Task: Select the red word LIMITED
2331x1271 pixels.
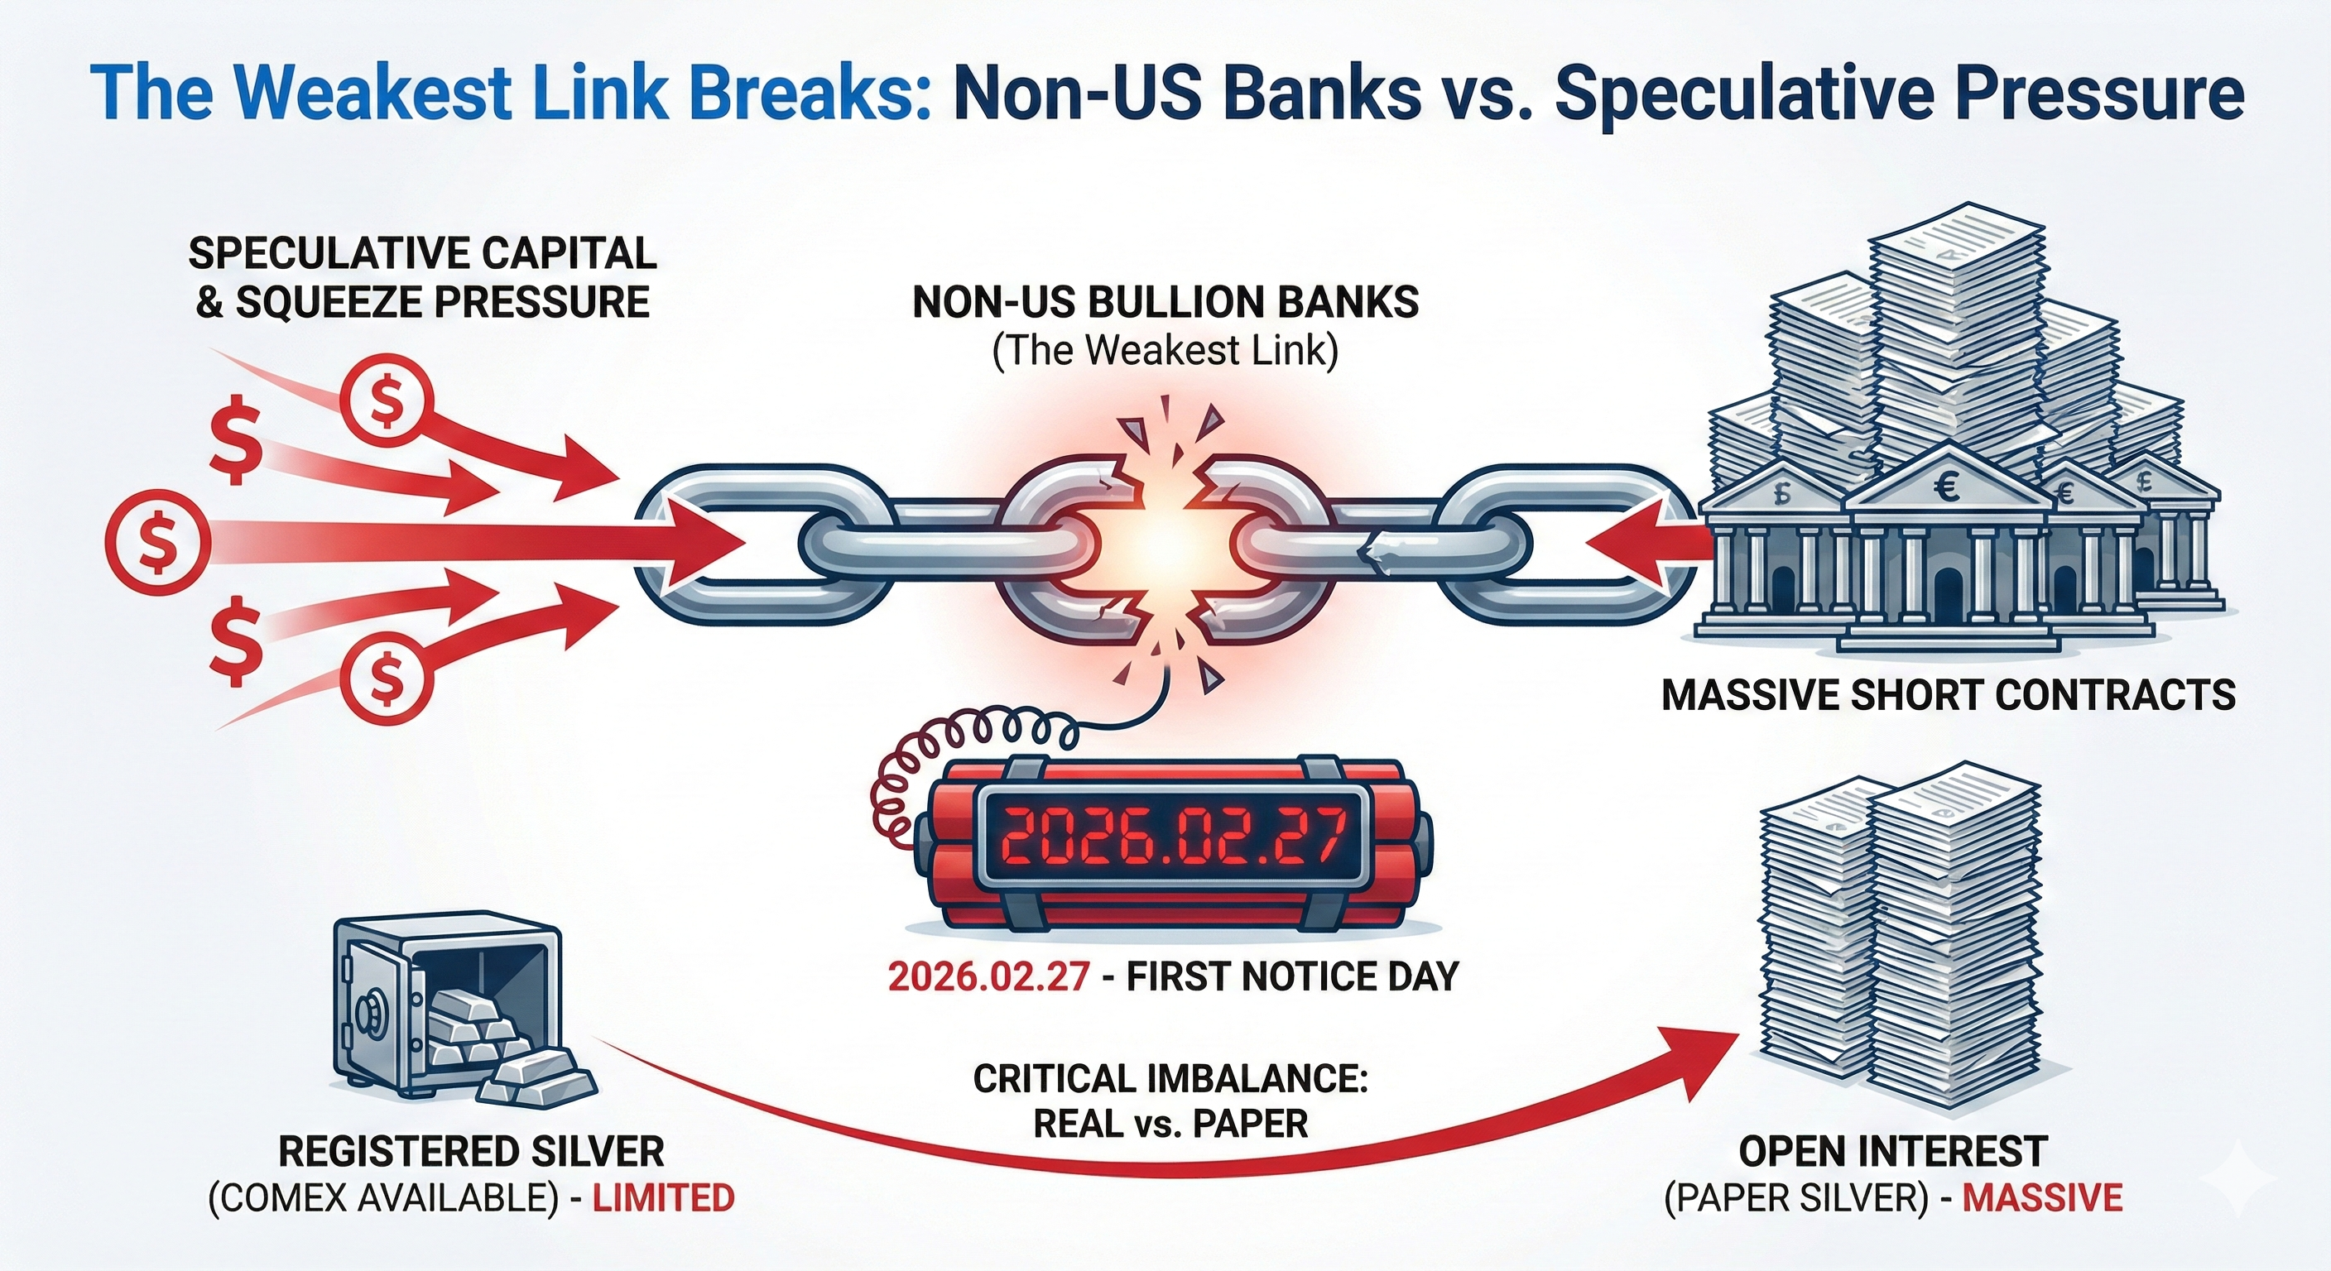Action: point(662,1197)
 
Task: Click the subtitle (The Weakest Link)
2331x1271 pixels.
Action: point(1165,351)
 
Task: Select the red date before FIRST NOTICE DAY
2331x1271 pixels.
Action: point(988,977)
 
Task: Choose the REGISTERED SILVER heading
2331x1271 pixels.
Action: point(470,1152)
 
